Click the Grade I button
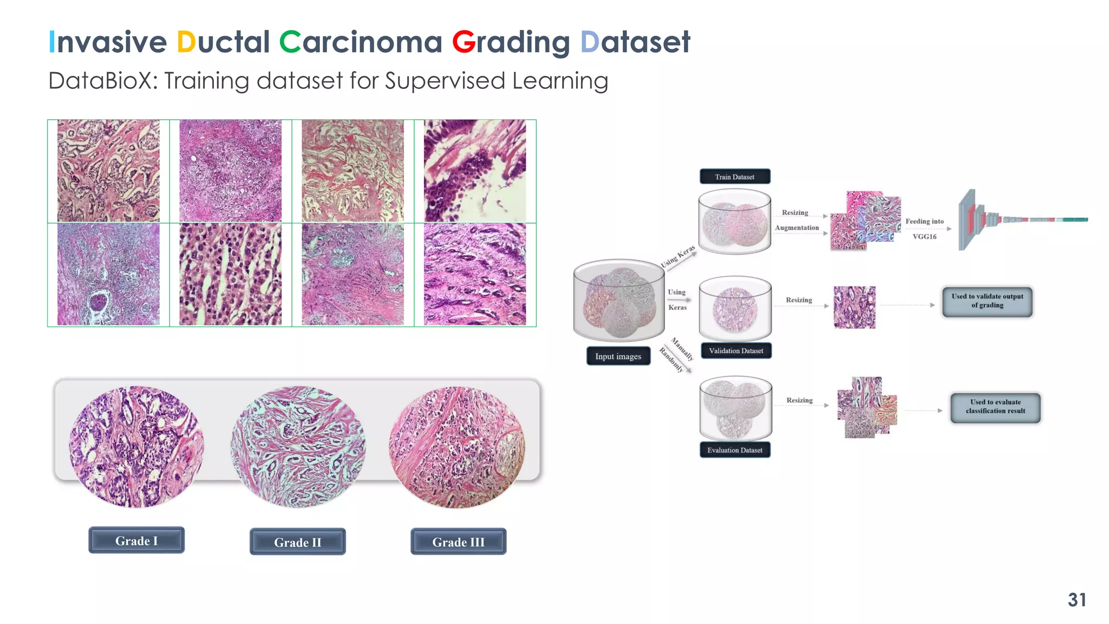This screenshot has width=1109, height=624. (136, 540)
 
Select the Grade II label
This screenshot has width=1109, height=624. (297, 542)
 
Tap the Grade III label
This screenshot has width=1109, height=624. (458, 542)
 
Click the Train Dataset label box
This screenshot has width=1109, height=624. (734, 177)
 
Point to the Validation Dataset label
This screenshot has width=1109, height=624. (736, 350)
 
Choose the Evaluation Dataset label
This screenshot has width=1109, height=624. (734, 450)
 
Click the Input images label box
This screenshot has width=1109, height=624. (618, 356)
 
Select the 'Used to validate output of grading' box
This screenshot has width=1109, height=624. (987, 301)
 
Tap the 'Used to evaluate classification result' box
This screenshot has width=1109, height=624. (995, 407)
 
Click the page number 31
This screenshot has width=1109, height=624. (1077, 600)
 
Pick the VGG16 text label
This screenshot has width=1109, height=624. (924, 237)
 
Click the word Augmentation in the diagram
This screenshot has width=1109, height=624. (797, 227)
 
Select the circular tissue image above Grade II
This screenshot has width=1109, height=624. (298, 446)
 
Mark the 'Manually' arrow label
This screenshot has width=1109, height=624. (683, 349)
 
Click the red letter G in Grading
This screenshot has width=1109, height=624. (464, 42)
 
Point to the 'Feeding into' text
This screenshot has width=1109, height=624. (924, 221)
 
